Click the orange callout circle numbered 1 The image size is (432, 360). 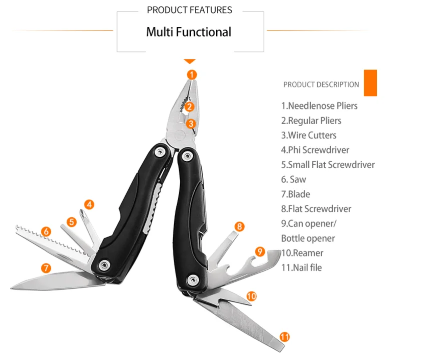tap(192, 75)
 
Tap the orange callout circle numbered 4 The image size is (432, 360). tap(89, 204)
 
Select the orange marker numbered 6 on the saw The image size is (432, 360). tap(46, 231)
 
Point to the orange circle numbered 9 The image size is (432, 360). tap(259, 251)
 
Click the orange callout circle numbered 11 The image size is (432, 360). tap(284, 337)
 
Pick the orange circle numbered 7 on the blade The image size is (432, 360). tap(46, 268)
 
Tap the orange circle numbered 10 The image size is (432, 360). tap(251, 296)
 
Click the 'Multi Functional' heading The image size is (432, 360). tap(189, 32)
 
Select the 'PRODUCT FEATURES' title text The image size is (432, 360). tap(190, 10)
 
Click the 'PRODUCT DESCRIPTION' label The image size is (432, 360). tap(321, 85)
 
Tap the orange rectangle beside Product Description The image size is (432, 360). tap(370, 83)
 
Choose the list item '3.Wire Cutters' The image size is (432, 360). tap(308, 135)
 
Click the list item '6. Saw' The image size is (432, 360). tap(293, 179)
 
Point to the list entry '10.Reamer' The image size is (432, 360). tap(302, 253)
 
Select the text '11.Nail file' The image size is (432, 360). tap(301, 267)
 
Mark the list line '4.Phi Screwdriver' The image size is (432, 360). tap(315, 150)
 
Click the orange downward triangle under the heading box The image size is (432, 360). tap(190, 61)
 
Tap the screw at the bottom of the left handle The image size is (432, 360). tap(104, 265)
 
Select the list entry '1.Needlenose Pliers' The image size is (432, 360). tap(319, 106)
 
